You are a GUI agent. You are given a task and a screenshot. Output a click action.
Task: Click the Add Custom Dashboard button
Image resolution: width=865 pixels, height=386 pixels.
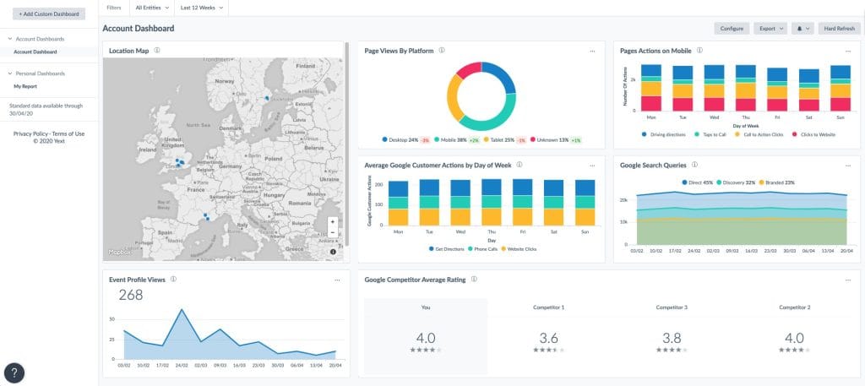(x=48, y=14)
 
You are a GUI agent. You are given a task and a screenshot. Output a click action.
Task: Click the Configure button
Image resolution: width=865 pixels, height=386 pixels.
(x=732, y=29)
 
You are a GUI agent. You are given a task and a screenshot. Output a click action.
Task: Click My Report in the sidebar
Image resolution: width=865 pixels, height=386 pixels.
(x=25, y=86)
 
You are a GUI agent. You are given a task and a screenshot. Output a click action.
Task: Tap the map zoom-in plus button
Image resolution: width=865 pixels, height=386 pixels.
(x=333, y=222)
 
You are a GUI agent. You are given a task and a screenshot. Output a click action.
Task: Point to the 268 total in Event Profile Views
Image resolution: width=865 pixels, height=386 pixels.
(x=130, y=295)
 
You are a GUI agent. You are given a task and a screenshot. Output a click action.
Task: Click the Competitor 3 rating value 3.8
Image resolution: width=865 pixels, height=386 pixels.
(x=672, y=338)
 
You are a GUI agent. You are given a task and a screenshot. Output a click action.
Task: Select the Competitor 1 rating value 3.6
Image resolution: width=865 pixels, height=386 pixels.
(x=548, y=338)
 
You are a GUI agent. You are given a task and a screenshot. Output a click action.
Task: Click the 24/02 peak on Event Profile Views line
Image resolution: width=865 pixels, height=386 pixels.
(x=181, y=310)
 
